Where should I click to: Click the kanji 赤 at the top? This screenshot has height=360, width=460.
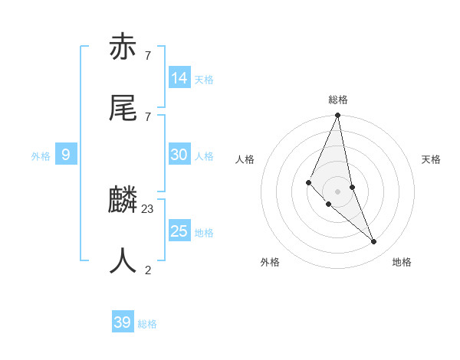click(123, 47)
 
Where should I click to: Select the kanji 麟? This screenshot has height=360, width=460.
click(123, 201)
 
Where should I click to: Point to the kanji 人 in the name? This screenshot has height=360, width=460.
click(123, 260)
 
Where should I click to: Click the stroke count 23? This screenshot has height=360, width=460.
click(148, 208)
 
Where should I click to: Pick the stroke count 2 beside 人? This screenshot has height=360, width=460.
click(148, 270)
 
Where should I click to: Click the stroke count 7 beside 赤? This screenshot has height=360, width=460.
click(148, 56)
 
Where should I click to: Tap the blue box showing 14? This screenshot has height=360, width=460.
click(179, 78)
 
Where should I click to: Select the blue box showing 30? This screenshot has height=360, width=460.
click(179, 155)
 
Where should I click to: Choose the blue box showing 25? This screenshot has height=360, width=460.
click(179, 231)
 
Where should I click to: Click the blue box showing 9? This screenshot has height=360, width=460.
click(66, 155)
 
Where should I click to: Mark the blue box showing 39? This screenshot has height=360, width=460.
click(123, 322)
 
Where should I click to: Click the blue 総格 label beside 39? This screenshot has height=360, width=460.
click(147, 324)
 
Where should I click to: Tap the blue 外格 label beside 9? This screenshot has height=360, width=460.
click(41, 156)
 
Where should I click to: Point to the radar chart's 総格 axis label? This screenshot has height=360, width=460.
click(338, 100)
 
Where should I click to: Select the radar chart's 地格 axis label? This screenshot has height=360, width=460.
click(402, 262)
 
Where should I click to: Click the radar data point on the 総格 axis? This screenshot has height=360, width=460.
click(338, 116)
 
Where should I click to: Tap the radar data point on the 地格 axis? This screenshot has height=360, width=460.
click(374, 242)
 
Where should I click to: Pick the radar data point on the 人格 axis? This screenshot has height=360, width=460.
click(308, 182)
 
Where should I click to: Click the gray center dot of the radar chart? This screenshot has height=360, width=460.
click(338, 191)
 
